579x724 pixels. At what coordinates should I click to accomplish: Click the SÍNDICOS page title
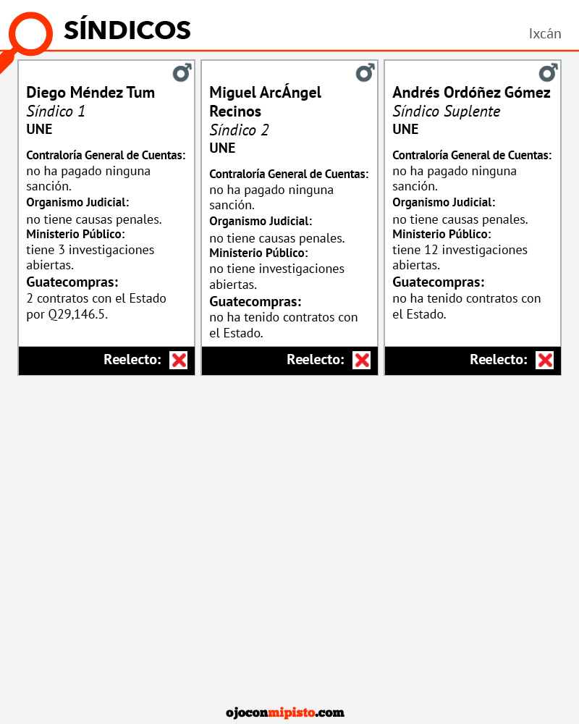pos(127,30)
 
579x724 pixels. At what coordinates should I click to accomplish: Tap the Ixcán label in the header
pos(545,33)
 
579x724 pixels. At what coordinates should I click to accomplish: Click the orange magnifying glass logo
pos(30,33)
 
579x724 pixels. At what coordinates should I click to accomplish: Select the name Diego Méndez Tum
pos(90,93)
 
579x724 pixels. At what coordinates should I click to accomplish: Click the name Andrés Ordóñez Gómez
pos(471,93)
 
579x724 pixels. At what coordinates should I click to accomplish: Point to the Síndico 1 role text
pos(56,111)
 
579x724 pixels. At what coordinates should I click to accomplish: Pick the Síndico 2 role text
pos(239,130)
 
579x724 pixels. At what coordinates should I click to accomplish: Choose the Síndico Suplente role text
pos(446,111)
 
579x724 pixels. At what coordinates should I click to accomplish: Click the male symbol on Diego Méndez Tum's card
pos(182,73)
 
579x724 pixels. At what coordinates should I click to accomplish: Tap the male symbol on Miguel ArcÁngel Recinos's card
pos(365,73)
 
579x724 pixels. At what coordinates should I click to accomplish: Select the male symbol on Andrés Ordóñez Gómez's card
pos(548,73)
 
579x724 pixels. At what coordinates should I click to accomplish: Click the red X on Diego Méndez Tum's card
pos(179,360)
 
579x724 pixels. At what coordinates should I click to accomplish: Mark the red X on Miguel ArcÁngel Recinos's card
pos(362,360)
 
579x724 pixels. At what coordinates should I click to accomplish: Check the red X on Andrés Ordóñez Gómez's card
pos(545,360)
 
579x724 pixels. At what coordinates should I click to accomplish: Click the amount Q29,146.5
pos(77,314)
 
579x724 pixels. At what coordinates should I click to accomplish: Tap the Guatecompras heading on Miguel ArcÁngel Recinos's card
pos(255,301)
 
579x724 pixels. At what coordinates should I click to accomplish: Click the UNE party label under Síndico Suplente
pos(405,130)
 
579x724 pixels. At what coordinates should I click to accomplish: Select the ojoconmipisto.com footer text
pos(285,712)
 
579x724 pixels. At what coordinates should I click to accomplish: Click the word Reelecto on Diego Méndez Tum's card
pos(132,360)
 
